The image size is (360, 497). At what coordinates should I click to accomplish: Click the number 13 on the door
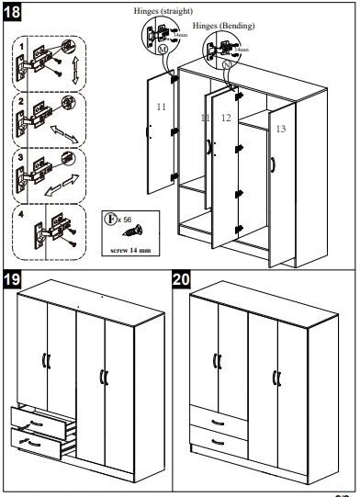coord(280,130)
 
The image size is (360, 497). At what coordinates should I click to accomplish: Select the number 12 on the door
coord(227,119)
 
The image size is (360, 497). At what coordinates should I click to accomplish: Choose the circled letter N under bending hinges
coord(227,68)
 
